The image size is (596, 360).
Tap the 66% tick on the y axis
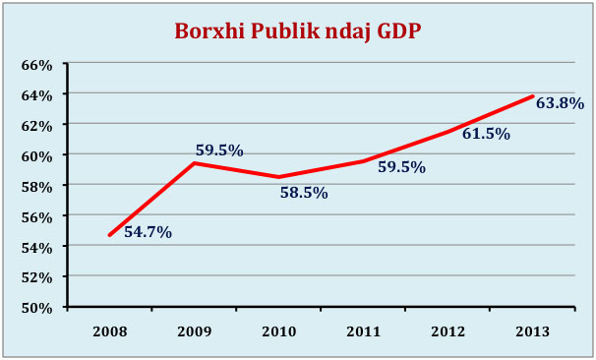(x=36, y=64)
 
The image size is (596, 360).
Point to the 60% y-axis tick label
(x=36, y=155)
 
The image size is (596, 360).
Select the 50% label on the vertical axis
(x=36, y=307)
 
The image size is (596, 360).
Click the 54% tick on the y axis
(x=36, y=246)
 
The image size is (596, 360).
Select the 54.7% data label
(x=148, y=233)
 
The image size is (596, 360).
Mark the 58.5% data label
(x=303, y=193)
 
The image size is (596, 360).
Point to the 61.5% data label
(x=486, y=134)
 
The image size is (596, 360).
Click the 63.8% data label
(x=560, y=102)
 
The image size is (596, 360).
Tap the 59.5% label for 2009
(x=219, y=150)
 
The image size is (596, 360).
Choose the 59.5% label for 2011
(x=401, y=167)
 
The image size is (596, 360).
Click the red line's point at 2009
(x=195, y=162)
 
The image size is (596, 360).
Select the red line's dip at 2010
(x=279, y=177)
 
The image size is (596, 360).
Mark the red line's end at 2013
(x=533, y=96)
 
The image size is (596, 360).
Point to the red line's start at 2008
(x=109, y=235)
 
